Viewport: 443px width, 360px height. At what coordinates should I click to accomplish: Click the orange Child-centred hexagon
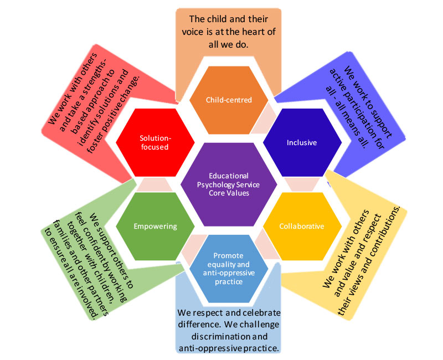(228, 100)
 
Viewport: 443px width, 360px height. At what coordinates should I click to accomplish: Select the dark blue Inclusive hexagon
(302, 142)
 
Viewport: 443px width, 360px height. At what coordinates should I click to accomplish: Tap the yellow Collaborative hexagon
(302, 226)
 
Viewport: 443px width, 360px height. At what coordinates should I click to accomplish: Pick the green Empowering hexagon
(155, 226)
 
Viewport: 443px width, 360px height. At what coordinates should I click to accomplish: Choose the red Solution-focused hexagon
(155, 142)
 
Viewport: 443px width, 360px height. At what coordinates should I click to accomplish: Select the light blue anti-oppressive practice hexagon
(228, 268)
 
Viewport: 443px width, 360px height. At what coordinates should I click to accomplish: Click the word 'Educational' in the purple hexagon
(228, 176)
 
